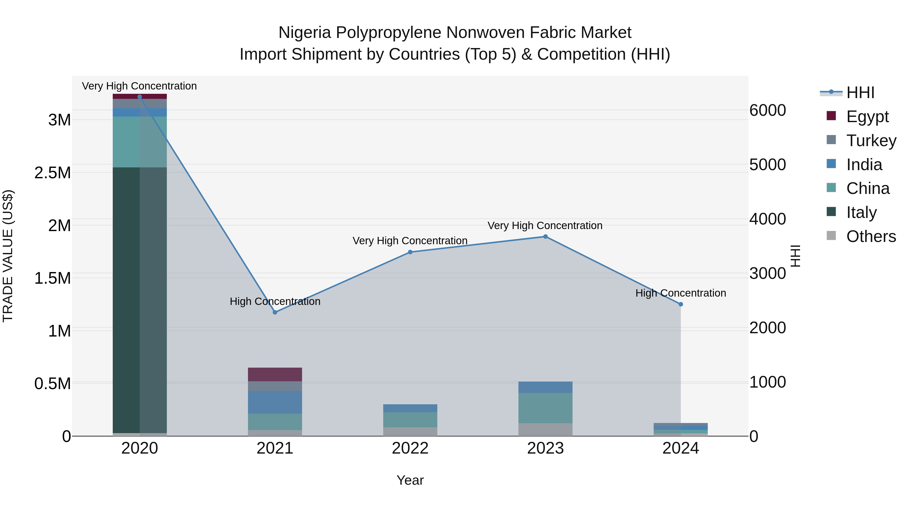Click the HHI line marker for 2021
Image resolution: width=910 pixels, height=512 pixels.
click(x=275, y=312)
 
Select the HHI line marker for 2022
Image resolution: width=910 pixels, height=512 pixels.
click(x=410, y=252)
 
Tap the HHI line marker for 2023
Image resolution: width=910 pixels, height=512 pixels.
click(x=545, y=237)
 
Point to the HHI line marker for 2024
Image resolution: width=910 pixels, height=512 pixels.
click(x=681, y=304)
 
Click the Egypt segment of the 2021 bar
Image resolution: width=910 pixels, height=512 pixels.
click(x=275, y=374)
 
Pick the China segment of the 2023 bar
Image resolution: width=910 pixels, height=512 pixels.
click(x=545, y=408)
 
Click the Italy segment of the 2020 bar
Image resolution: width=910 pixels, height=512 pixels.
click(x=140, y=300)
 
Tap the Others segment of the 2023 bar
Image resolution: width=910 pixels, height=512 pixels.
click(x=545, y=430)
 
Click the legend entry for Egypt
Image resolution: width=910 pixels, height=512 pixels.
click(x=867, y=117)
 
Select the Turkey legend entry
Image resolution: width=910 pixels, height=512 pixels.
click(x=871, y=141)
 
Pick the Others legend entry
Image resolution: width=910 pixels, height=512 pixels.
click(x=871, y=236)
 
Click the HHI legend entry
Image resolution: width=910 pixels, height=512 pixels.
click(x=860, y=93)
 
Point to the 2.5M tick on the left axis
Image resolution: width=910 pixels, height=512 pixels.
click(x=53, y=173)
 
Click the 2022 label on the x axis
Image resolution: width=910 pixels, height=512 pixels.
click(x=410, y=448)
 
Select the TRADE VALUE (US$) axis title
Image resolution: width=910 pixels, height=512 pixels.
click(x=8, y=256)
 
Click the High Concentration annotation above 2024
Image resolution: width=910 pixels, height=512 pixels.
click(x=681, y=293)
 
